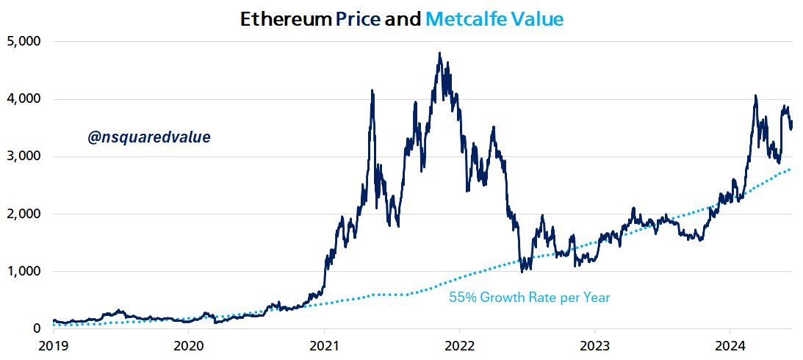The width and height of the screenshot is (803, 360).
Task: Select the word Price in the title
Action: click(x=358, y=20)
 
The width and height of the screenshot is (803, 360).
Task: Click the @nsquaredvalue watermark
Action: click(x=149, y=137)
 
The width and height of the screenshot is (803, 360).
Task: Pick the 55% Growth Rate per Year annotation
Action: click(x=529, y=298)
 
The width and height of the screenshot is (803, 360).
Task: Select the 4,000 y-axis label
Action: click(x=25, y=98)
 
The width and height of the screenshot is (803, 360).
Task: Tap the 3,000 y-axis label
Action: click(x=25, y=156)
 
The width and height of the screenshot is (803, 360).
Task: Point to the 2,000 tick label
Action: click(x=25, y=214)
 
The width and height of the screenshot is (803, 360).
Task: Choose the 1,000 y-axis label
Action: click(x=25, y=271)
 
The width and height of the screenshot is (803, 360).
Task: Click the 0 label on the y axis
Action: click(x=35, y=328)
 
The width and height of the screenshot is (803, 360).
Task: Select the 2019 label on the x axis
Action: click(x=53, y=345)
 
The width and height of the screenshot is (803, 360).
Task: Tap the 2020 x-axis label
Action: click(x=188, y=345)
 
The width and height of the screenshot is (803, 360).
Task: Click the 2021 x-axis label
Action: click(x=324, y=345)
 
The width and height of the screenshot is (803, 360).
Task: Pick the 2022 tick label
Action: click(x=459, y=345)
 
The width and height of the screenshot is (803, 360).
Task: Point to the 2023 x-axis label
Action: click(x=594, y=345)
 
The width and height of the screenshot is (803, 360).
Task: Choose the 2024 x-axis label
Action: click(x=730, y=345)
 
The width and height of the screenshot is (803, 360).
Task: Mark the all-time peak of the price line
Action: click(x=439, y=53)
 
